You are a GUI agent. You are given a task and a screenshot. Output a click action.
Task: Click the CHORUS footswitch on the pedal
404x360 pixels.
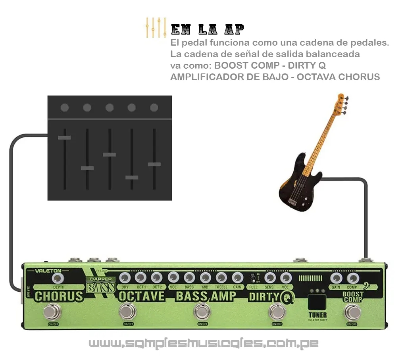52,311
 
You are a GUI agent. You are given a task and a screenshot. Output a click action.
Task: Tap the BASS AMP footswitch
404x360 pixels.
202,311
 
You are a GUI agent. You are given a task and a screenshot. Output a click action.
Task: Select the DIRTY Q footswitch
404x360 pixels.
277,311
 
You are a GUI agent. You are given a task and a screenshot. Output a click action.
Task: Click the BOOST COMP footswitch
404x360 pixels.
352,312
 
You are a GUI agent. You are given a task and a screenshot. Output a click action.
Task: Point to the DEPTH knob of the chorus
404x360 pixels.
58,277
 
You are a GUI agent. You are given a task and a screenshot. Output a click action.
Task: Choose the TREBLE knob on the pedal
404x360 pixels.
221,277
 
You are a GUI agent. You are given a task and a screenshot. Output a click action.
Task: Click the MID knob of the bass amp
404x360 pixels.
205,277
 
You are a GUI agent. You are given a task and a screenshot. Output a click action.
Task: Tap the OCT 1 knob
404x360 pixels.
140,277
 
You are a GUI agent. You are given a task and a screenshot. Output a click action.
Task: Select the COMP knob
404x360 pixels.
352,278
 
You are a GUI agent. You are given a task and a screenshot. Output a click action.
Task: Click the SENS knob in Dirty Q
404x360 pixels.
270,277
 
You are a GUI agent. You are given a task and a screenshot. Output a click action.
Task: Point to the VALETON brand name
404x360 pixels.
48,271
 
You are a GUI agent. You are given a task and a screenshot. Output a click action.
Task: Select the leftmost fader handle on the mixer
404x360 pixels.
64,138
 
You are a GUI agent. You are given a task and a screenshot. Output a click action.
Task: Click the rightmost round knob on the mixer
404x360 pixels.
154,108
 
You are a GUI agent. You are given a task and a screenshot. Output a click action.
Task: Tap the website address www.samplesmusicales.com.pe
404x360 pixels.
203,343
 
